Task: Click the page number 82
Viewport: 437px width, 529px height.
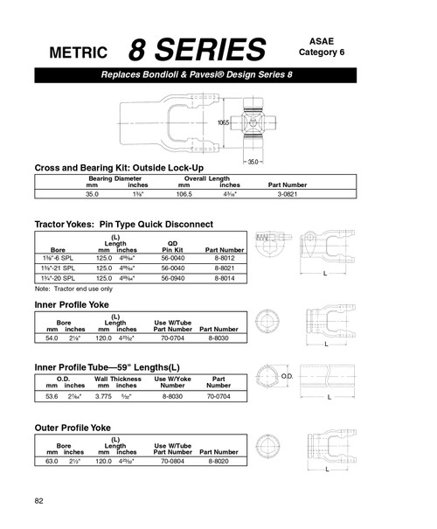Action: [x=39, y=500]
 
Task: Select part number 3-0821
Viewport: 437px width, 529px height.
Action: [x=287, y=197]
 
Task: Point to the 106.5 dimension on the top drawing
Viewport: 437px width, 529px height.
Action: [x=224, y=123]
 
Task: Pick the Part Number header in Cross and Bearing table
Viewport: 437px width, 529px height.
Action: [x=287, y=185]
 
